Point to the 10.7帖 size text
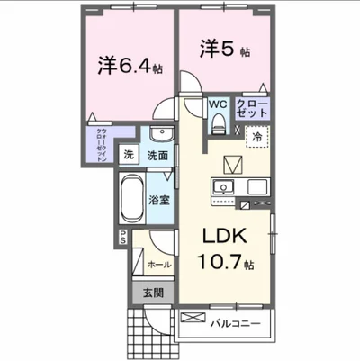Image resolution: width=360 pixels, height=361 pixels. tap(226, 266)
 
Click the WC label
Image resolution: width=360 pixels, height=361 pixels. tap(218, 105)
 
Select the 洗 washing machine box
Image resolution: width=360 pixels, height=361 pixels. tap(130, 154)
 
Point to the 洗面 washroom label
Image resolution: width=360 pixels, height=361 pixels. tap(157, 155)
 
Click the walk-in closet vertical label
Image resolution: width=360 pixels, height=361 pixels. tap(101, 144)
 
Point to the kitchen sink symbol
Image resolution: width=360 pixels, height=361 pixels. tap(222, 187)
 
